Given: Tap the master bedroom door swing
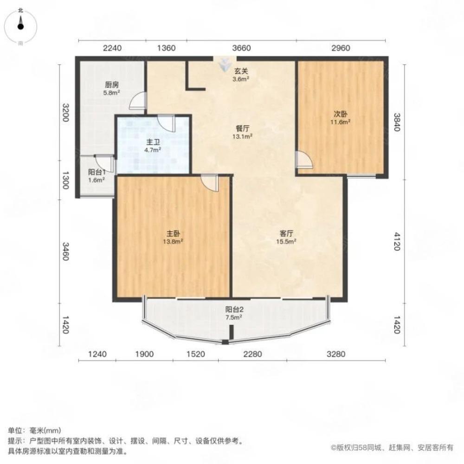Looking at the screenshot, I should point(210,182).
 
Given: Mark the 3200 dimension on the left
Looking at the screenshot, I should point(66,112).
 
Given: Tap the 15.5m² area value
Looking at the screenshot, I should point(286,241).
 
